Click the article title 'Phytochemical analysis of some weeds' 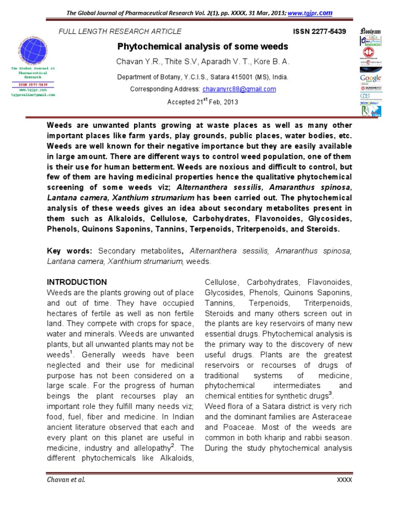click(x=203, y=47)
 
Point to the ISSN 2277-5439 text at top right click(x=320, y=32)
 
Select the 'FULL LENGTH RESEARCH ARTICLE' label click(x=120, y=32)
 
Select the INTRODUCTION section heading click(x=77, y=282)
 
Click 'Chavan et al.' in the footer click(x=65, y=479)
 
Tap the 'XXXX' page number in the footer click(x=344, y=480)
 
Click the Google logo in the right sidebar click(x=370, y=79)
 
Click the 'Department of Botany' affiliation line click(x=202, y=77)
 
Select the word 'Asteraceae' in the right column click(x=334, y=416)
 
